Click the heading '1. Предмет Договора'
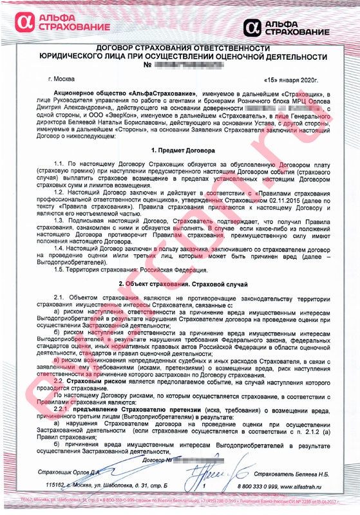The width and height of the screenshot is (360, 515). click(x=179, y=149)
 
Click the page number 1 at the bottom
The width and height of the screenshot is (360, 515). click(x=186, y=484)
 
